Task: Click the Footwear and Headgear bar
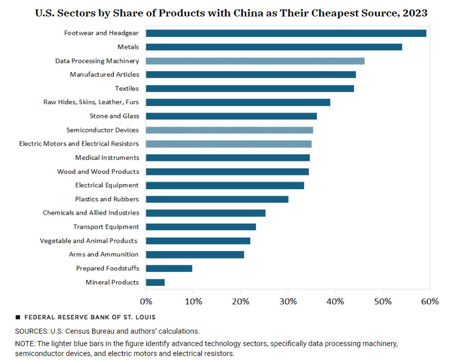(286, 33)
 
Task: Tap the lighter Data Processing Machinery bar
(255, 61)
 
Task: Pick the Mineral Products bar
(155, 282)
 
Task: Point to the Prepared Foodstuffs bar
(169, 268)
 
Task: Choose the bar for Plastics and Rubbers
(217, 199)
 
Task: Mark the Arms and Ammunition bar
(195, 254)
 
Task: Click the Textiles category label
(127, 88)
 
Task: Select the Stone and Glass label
(114, 116)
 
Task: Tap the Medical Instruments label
(107, 157)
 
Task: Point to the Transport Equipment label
(106, 227)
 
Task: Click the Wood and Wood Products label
(98, 171)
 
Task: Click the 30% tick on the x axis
(288, 301)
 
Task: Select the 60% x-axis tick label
(430, 301)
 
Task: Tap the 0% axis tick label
(146, 301)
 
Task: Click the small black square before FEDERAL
(18, 317)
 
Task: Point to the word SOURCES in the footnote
(31, 331)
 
